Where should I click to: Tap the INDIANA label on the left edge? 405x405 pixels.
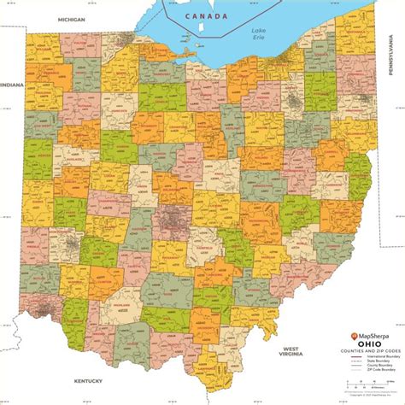click(12, 85)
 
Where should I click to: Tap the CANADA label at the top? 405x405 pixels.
click(210, 16)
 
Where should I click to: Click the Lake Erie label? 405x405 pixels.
click(259, 34)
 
